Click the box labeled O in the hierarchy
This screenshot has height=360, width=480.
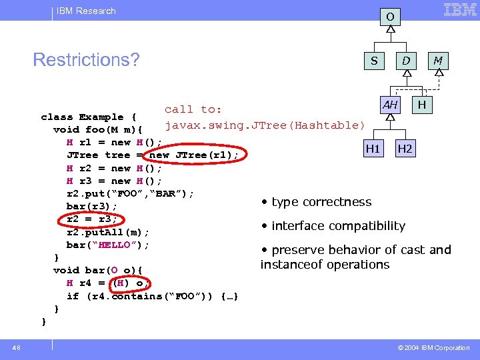point(390,16)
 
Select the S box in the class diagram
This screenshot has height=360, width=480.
point(374,61)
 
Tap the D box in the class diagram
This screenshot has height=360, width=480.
point(405,61)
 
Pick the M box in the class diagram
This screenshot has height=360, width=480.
point(438,61)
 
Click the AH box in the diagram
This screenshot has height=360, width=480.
point(390,105)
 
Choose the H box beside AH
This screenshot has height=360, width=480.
point(422,105)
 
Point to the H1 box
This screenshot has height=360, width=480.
point(373,149)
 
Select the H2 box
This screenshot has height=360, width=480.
point(405,149)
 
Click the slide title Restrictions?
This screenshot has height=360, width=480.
point(86,60)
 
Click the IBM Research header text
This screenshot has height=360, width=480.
point(86,11)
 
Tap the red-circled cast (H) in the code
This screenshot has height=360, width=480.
point(122,283)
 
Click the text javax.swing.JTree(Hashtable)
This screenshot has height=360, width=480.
point(265,125)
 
